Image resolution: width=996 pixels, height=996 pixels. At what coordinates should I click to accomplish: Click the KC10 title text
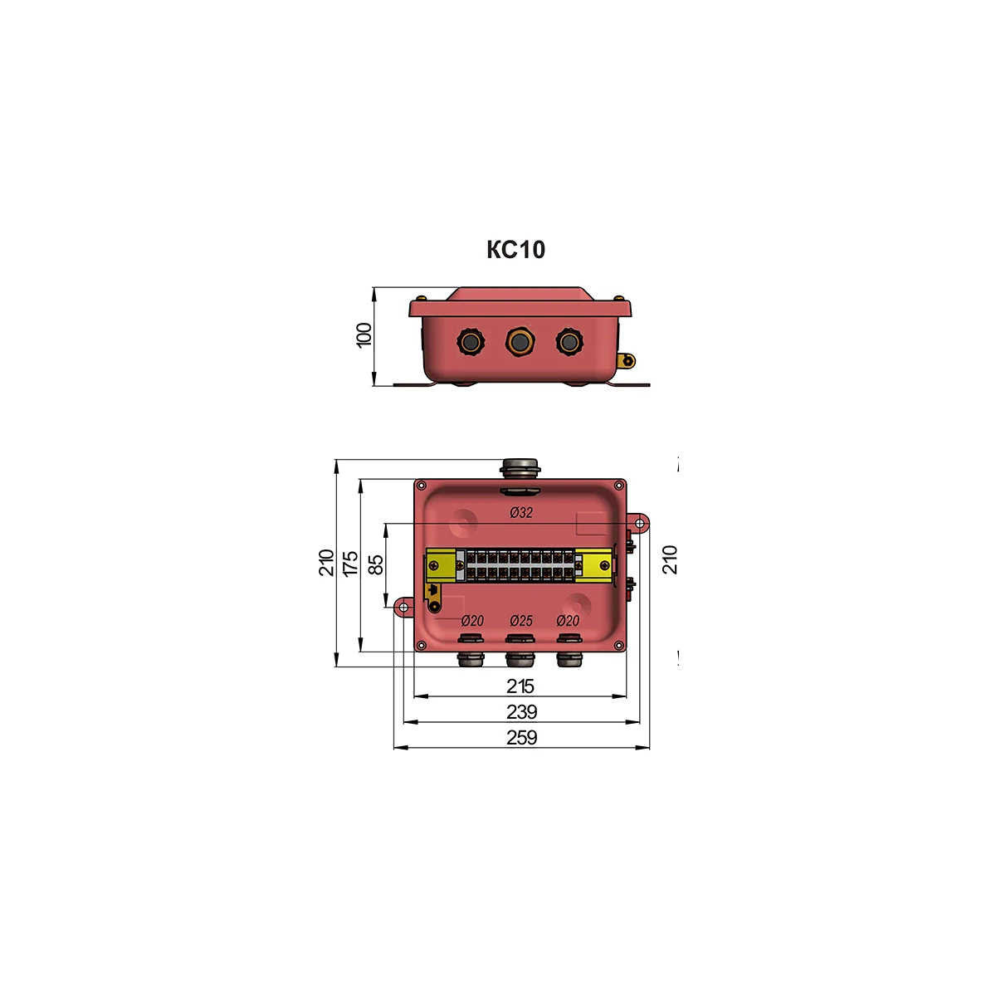tap(515, 250)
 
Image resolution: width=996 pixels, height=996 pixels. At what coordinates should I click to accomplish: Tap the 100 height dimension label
tap(364, 335)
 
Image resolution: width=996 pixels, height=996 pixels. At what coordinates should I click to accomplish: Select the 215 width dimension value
tap(520, 686)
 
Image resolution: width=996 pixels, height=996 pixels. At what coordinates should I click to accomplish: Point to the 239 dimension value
tap(521, 711)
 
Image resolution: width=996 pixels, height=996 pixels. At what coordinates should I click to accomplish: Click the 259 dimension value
tap(521, 738)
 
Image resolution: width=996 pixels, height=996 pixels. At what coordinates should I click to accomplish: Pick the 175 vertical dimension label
tap(350, 564)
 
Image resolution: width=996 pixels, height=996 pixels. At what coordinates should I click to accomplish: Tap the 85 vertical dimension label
tap(376, 564)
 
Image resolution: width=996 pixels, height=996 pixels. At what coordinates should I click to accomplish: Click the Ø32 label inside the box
tap(521, 512)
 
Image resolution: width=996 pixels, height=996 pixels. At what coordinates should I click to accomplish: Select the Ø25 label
tap(521, 620)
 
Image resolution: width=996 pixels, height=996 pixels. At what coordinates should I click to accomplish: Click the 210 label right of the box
tap(669, 559)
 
